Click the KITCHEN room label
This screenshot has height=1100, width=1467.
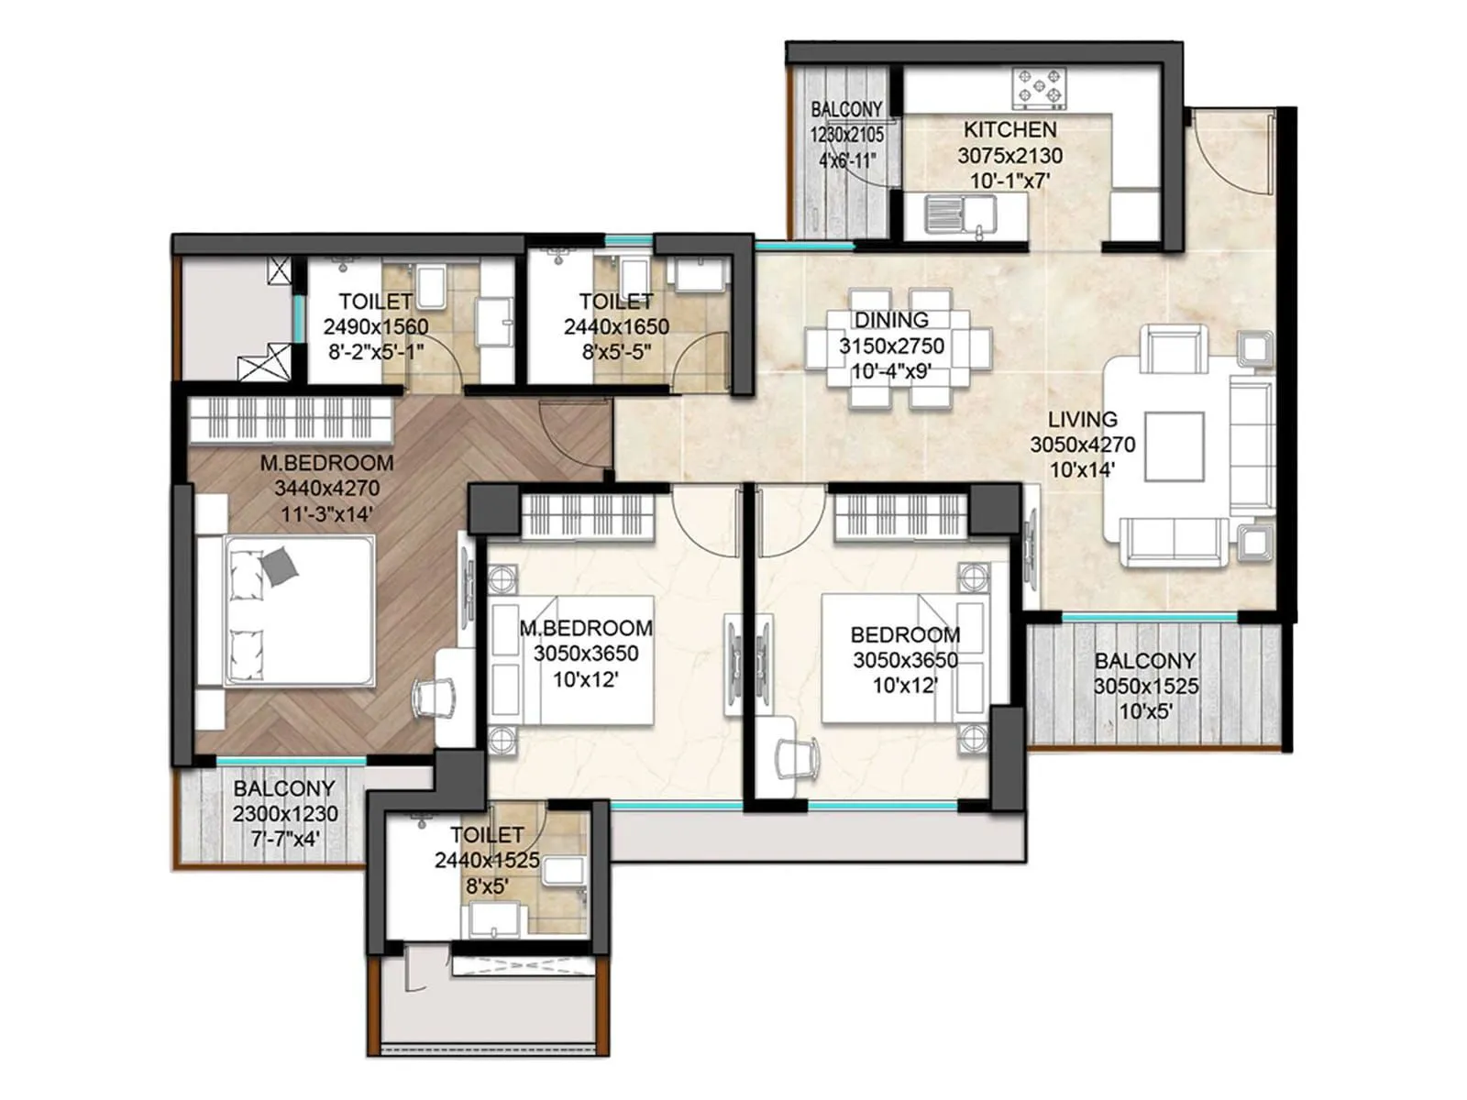(x=1009, y=130)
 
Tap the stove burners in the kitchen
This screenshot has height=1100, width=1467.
(x=1039, y=88)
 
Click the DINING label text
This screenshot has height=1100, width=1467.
(x=891, y=320)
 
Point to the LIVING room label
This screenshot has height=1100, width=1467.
(x=1082, y=420)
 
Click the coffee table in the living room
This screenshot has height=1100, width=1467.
(x=1174, y=446)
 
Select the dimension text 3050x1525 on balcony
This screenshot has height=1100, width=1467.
(x=1145, y=687)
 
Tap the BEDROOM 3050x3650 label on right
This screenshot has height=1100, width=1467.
(x=904, y=634)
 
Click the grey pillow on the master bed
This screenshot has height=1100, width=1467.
(x=280, y=566)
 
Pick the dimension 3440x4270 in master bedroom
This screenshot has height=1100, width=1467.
(x=326, y=489)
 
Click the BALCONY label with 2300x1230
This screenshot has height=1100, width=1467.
(x=284, y=788)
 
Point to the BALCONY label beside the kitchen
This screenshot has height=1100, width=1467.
(x=846, y=110)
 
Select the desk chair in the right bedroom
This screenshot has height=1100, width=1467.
(x=795, y=759)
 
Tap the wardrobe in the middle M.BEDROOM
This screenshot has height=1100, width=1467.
(x=587, y=515)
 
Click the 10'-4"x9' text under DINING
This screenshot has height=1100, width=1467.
(x=891, y=372)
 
